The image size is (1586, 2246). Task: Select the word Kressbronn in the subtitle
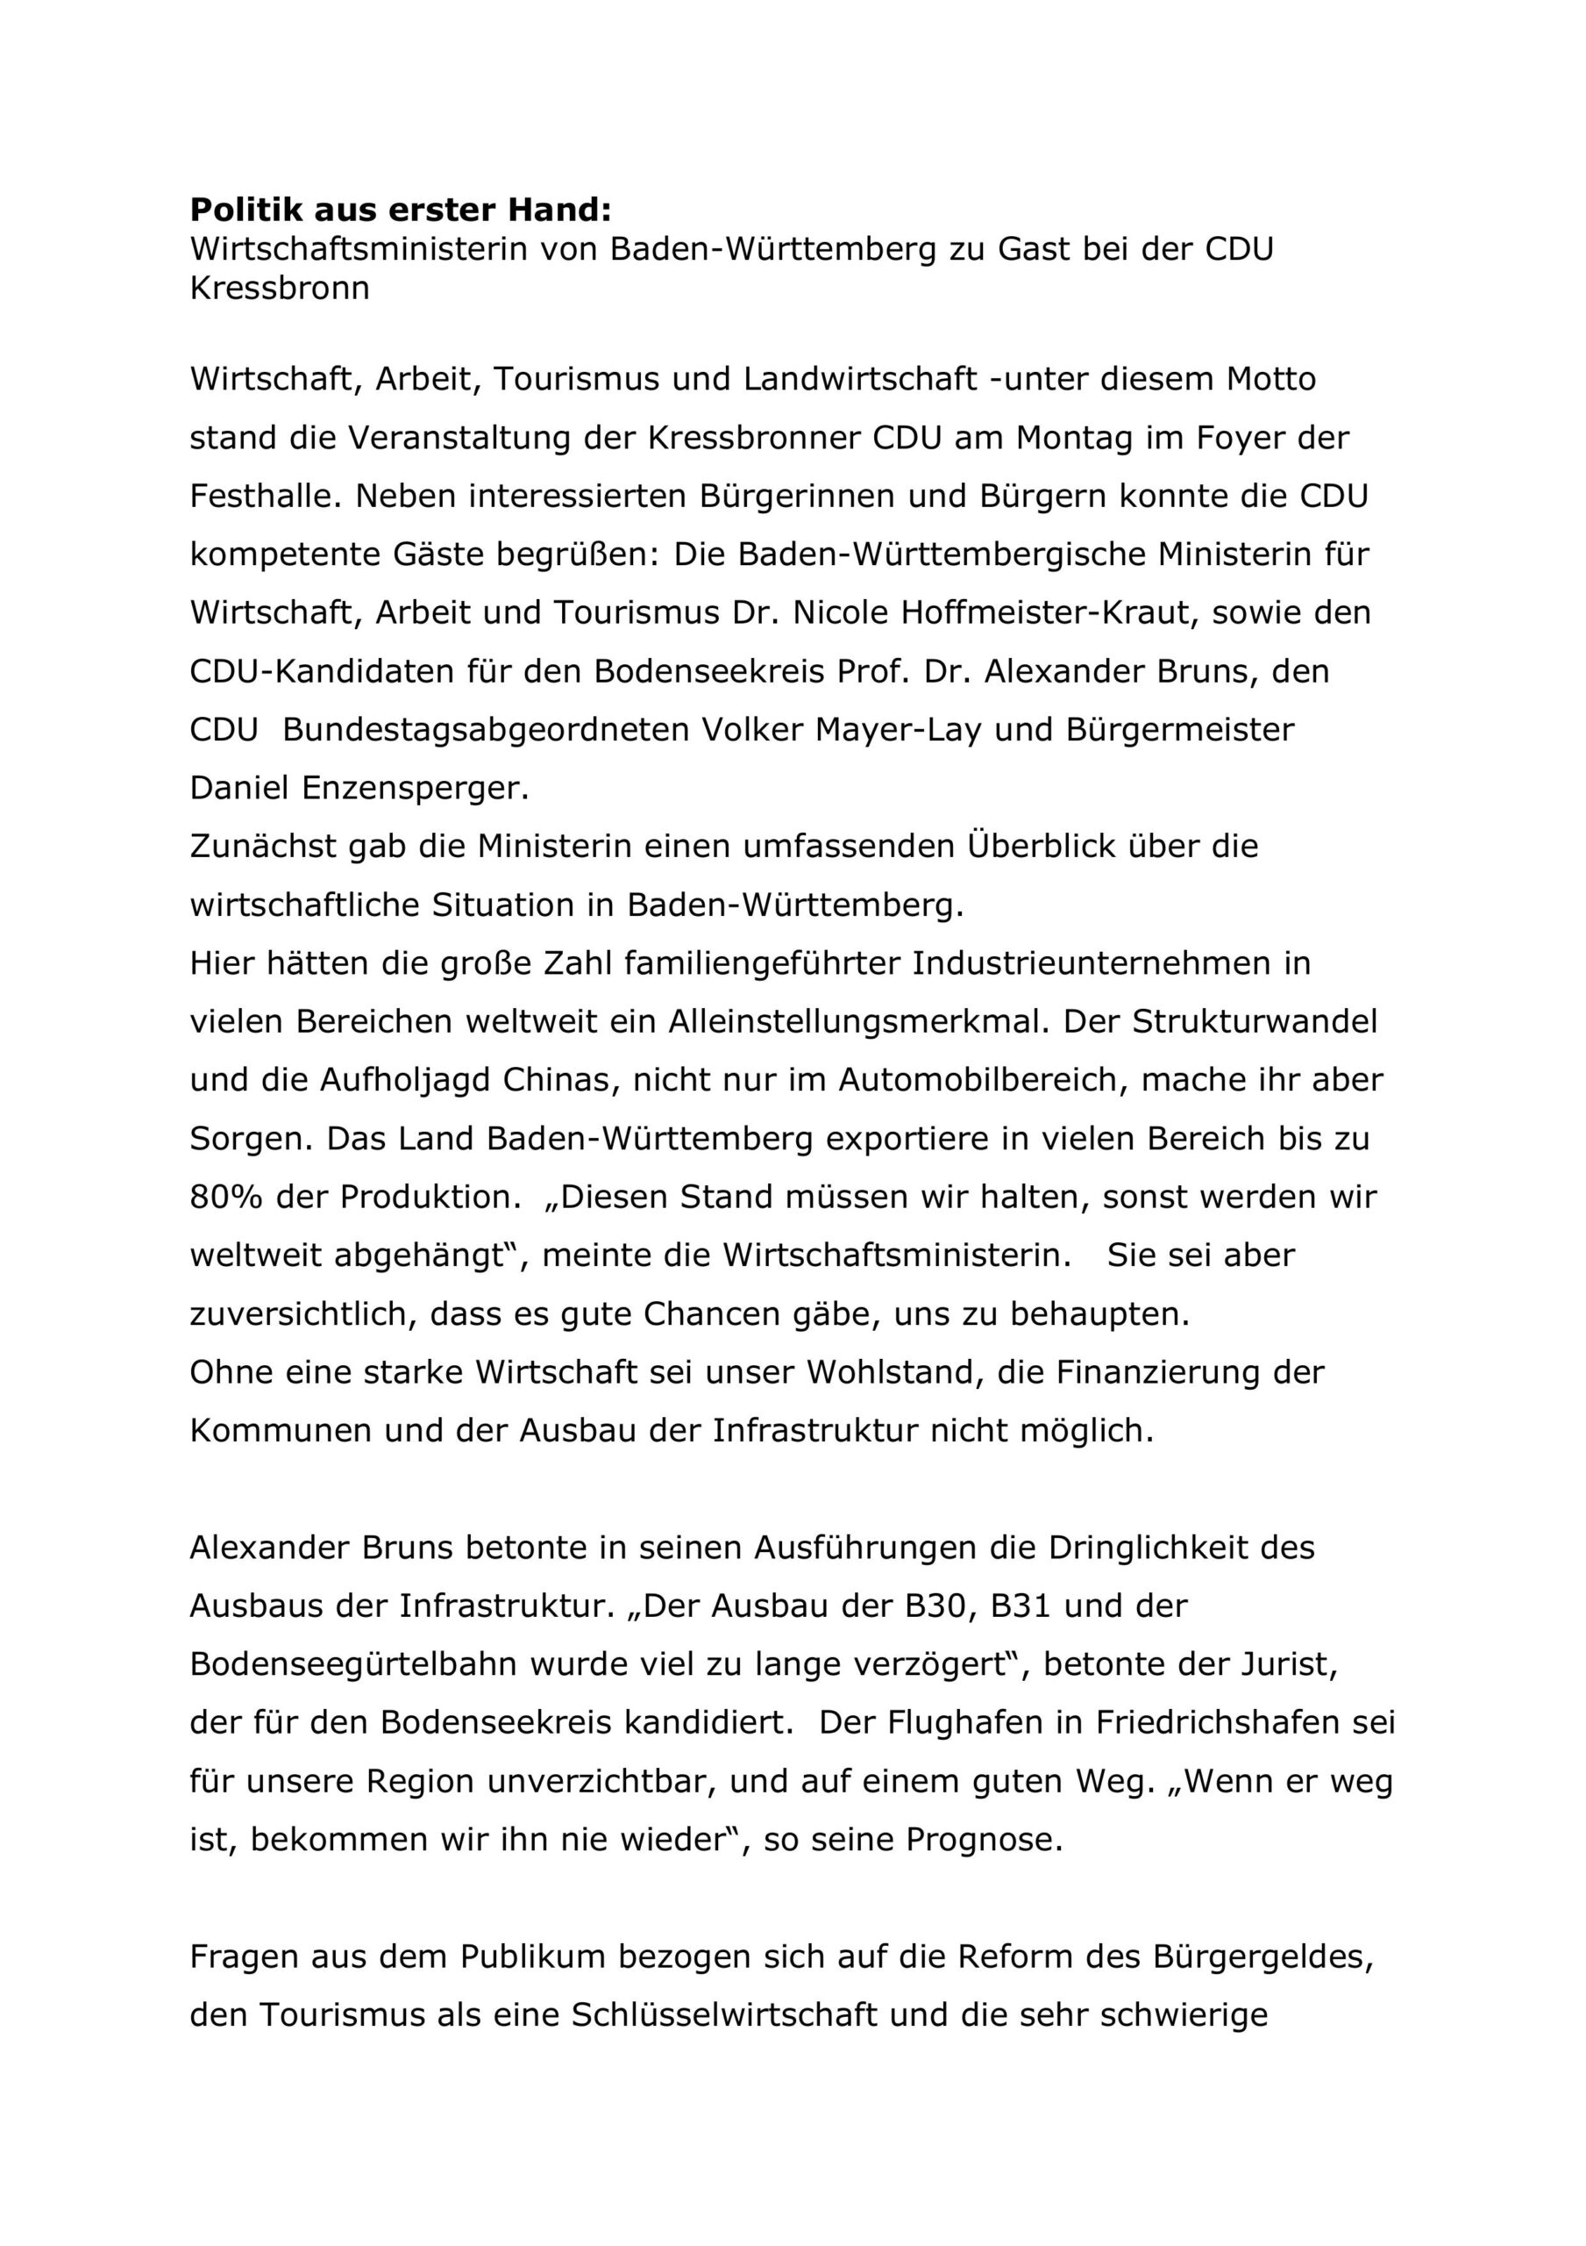pos(280,289)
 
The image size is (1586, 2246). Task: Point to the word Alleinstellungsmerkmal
pos(857,1021)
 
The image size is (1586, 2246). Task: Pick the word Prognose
pos(983,1840)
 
